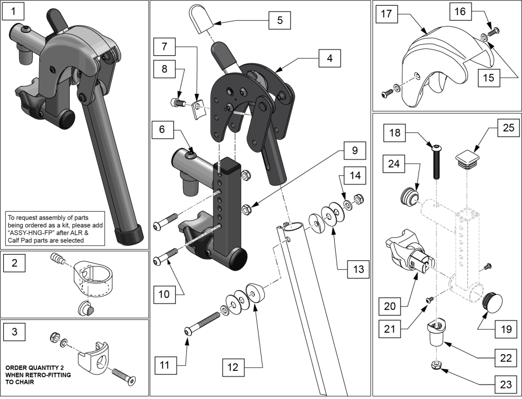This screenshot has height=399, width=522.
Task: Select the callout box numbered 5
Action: pos(280,20)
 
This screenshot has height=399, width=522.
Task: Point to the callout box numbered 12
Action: pos(232,368)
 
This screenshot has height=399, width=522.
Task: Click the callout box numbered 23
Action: pos(505,386)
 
